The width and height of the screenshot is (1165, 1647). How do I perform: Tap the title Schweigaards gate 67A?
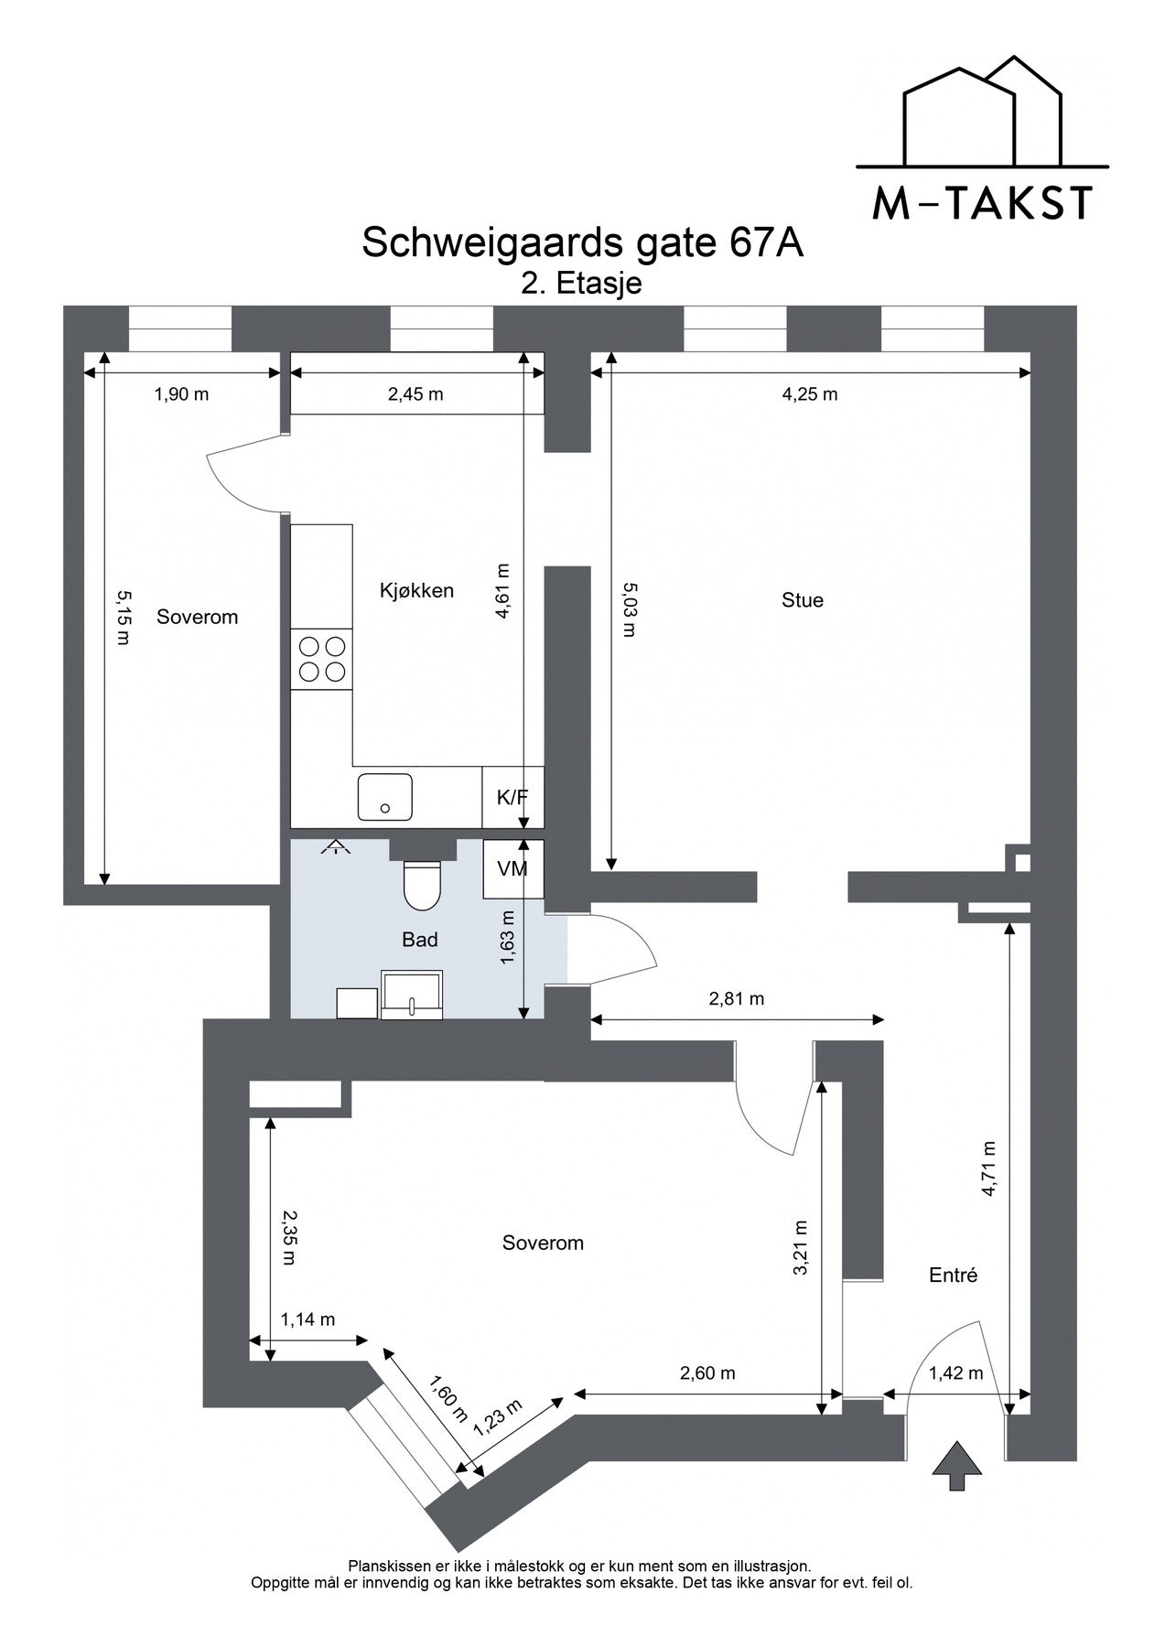point(583,243)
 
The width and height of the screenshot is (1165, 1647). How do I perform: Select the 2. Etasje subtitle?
point(581,284)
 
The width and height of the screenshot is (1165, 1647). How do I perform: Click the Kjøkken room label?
point(416,590)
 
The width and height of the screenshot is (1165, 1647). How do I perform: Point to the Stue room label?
point(803,600)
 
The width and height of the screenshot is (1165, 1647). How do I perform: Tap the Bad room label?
point(420,940)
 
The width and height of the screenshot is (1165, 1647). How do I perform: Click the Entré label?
point(954,1275)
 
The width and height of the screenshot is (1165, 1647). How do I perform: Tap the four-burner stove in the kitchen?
point(322,660)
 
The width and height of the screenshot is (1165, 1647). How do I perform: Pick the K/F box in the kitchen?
point(513,797)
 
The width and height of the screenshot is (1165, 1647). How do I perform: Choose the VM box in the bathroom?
point(513,869)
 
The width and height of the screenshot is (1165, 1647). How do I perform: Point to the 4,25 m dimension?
point(810,394)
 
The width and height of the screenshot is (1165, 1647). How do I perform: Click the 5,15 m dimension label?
point(124,618)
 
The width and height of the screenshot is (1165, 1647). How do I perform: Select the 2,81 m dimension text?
point(737,998)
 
